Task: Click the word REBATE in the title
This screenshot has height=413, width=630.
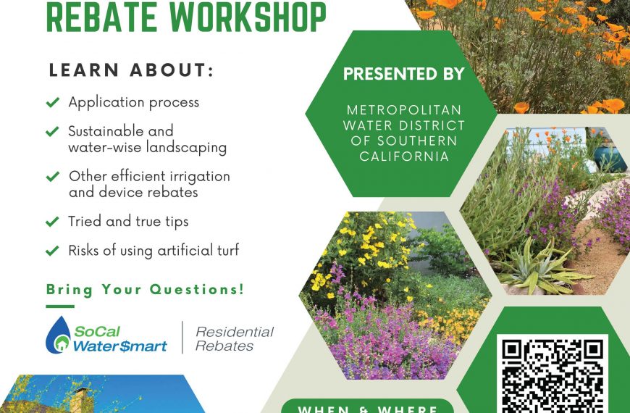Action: (101, 17)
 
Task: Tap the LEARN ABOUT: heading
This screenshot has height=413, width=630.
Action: (131, 70)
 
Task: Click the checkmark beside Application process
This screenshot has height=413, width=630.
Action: (53, 102)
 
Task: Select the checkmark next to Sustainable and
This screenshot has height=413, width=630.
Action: (53, 131)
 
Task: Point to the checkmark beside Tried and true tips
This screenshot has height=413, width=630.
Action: (53, 222)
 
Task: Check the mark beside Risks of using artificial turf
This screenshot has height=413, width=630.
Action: (53, 251)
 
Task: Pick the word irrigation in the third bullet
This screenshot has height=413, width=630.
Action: (200, 177)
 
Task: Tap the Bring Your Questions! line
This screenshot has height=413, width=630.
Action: (145, 290)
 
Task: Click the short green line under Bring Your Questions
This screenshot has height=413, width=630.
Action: (60, 306)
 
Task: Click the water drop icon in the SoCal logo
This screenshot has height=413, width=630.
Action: (58, 335)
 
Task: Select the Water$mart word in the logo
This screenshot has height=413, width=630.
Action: (119, 346)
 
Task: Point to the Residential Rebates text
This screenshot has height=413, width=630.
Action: (235, 338)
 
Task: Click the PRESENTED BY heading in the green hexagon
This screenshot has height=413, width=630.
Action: (404, 74)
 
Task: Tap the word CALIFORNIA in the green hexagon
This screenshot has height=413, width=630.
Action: (404, 157)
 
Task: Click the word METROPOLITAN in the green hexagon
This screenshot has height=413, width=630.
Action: (404, 110)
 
